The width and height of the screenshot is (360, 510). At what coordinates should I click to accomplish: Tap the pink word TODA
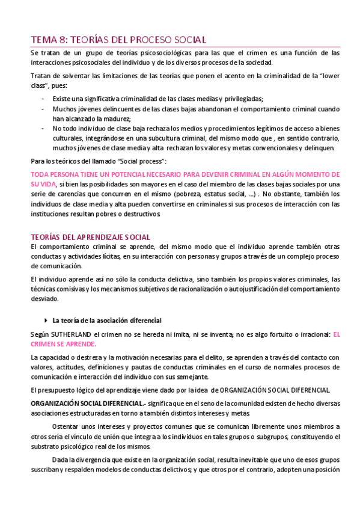tap(39, 173)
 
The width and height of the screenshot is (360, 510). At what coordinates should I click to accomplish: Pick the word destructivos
tap(140, 214)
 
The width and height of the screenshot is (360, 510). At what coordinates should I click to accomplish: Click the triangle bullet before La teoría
tap(46, 320)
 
